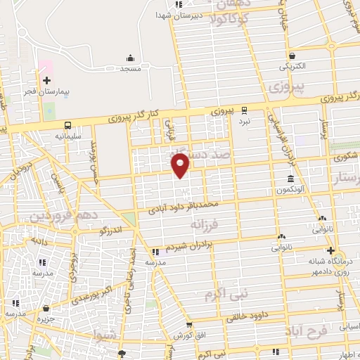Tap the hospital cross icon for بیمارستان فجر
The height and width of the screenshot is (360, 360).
46,81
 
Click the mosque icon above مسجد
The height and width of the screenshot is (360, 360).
130,58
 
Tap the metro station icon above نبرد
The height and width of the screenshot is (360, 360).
244,110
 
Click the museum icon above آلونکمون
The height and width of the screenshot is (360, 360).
290,179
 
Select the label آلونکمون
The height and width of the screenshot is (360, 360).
290,191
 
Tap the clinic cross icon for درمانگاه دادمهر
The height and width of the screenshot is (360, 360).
331,250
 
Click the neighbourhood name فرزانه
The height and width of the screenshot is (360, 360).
205,224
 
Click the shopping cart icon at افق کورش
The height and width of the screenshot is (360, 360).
190,326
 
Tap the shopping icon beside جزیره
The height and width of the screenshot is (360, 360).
46,308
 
